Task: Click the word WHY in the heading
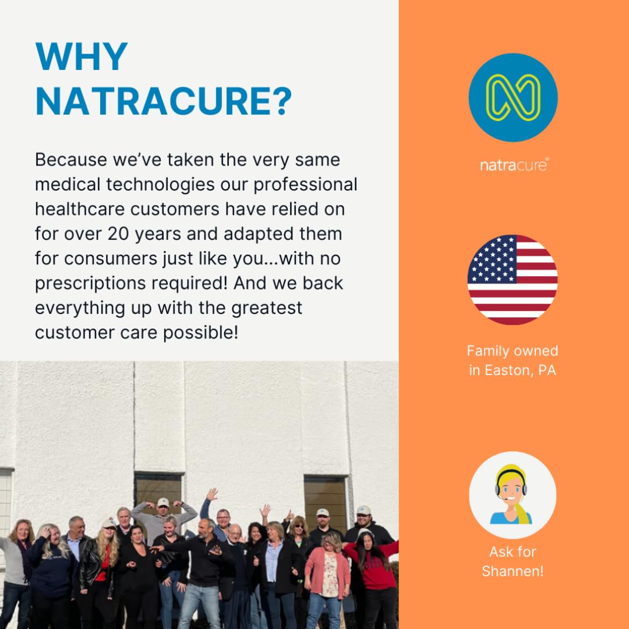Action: coord(82,56)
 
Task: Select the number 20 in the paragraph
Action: coord(118,234)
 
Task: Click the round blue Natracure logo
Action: coord(513,97)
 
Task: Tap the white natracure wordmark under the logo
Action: coord(514,165)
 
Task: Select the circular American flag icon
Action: coord(513,280)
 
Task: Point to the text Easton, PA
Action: coord(520,370)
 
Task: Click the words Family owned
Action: coord(513,351)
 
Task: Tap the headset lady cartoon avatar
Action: coord(513,495)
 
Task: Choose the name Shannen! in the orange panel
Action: coord(513,571)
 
